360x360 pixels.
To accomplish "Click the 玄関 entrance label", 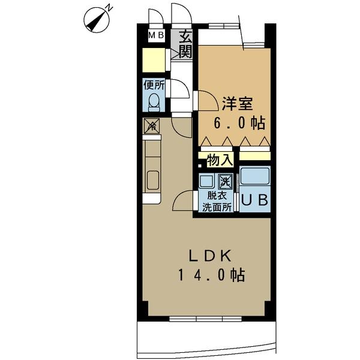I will [x=184, y=43].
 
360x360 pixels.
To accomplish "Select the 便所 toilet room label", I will [x=154, y=85].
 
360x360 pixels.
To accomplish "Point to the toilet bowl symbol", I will [x=154, y=101].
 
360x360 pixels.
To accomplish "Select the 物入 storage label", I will [x=219, y=160].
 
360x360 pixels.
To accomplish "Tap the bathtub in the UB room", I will [x=254, y=178].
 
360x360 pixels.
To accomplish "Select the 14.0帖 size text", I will [x=209, y=275].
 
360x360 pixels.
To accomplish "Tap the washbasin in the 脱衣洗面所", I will [x=208, y=181].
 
